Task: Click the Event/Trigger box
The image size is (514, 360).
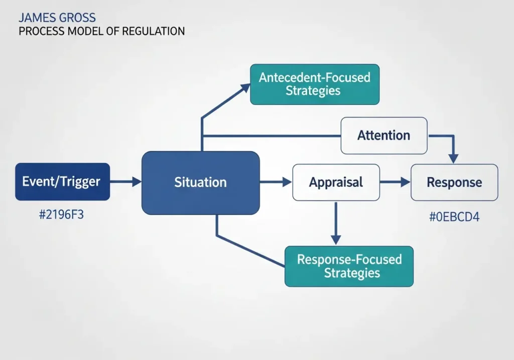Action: [x=62, y=182]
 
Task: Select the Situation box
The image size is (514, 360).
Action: [x=200, y=182]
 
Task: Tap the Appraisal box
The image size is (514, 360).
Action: [x=336, y=182]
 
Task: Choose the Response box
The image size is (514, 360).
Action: [x=454, y=182]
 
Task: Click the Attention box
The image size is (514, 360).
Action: [x=383, y=136]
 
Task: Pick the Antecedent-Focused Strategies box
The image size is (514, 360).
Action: [x=315, y=84]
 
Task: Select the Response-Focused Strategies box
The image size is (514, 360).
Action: [x=349, y=266]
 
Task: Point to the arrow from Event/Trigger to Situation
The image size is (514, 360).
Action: [x=125, y=182]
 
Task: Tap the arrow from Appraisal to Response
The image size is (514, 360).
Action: [x=395, y=182]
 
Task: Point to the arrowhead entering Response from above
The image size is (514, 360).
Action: [x=453, y=158]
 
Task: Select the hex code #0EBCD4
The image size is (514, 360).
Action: [x=454, y=217]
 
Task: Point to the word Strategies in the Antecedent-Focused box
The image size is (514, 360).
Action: [x=313, y=91]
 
